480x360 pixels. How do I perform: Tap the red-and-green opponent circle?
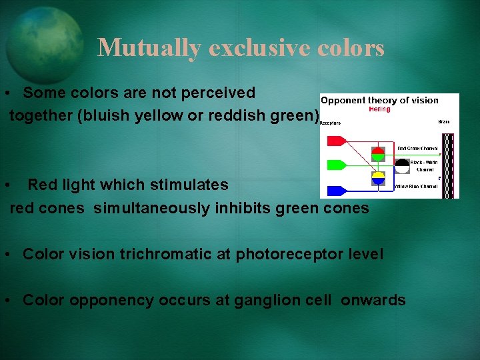(x=378, y=154)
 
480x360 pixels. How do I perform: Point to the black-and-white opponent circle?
(x=402, y=166)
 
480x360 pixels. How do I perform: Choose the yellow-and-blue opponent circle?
(x=378, y=178)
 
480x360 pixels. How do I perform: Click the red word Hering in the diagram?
(x=379, y=109)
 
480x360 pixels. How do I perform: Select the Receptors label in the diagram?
(x=330, y=123)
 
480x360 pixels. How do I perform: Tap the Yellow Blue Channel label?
(x=417, y=187)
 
